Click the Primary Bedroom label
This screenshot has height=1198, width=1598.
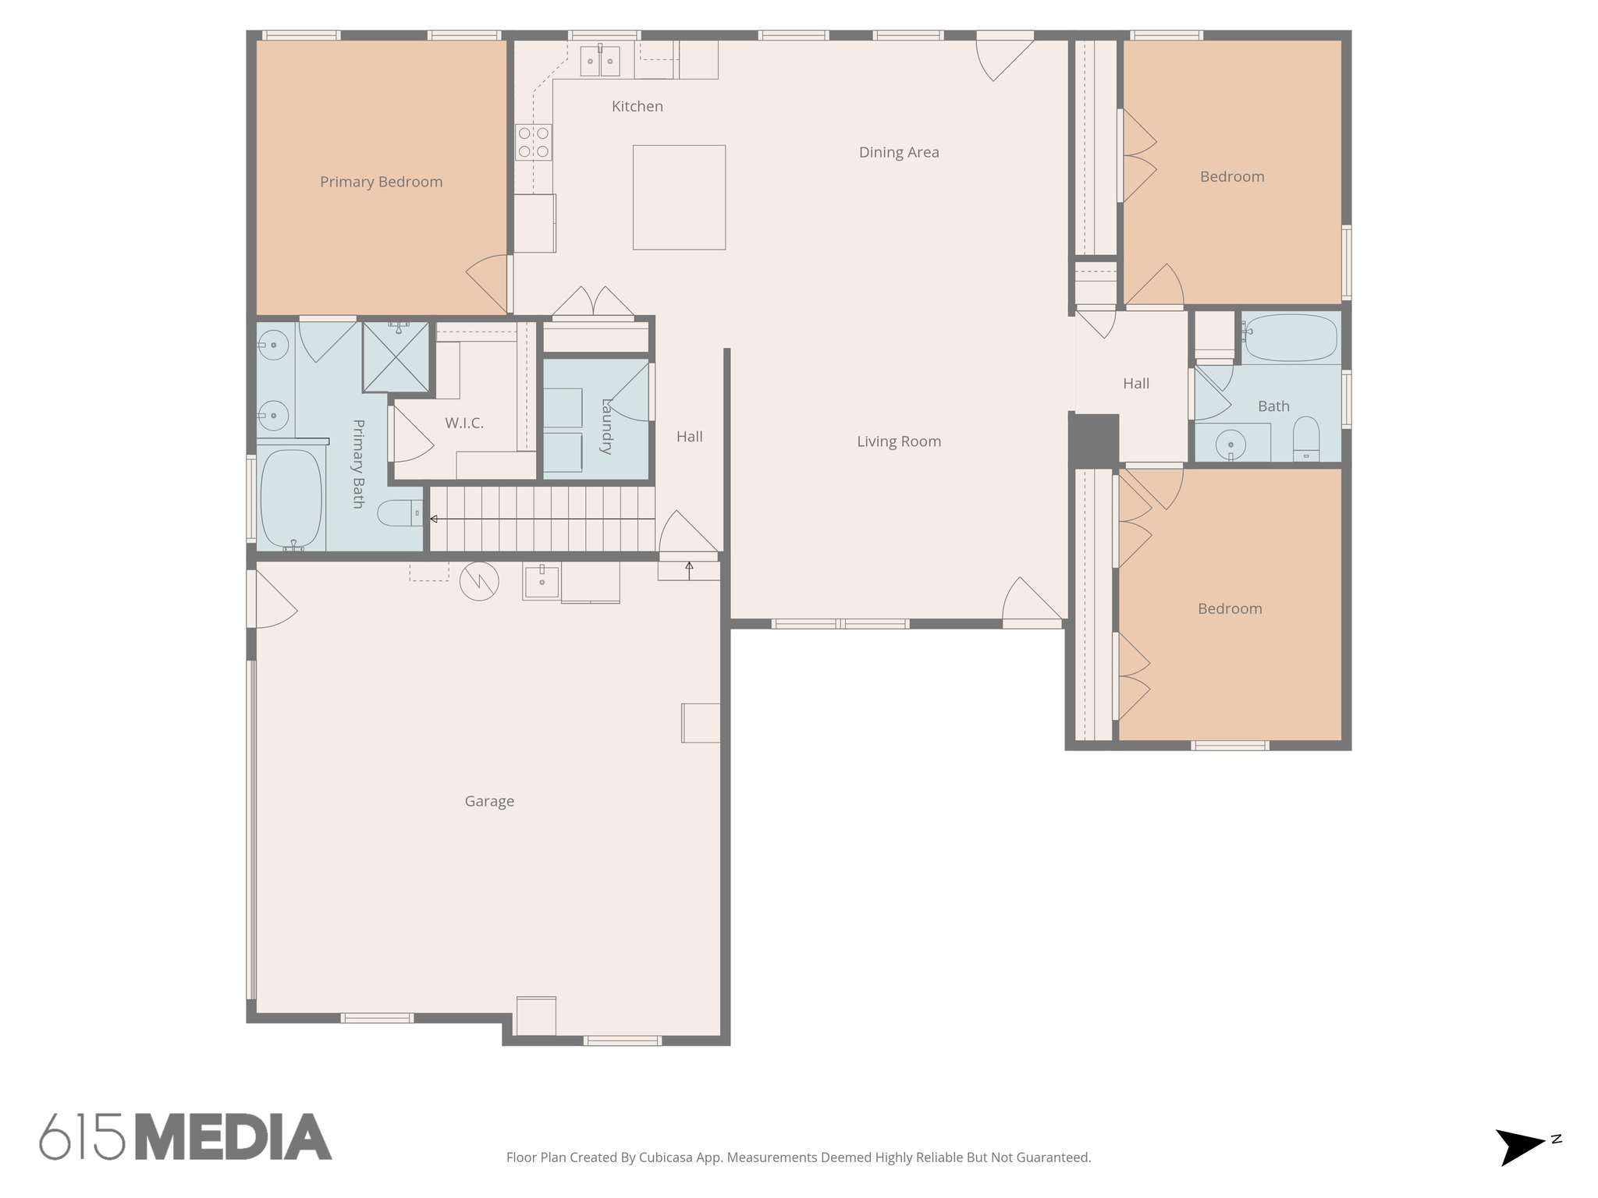click(x=381, y=182)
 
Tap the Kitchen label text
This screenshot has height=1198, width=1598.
click(x=637, y=106)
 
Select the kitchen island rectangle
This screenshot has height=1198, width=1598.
click(x=679, y=197)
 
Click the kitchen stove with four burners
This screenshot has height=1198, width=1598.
click(x=533, y=142)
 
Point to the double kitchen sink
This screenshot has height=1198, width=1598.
click(x=600, y=61)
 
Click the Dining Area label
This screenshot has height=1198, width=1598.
click(x=899, y=152)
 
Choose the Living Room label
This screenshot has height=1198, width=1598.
click(x=899, y=441)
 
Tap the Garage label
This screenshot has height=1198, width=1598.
click(x=489, y=801)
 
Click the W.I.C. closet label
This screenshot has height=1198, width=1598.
click(x=464, y=423)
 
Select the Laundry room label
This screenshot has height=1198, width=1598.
click(x=607, y=427)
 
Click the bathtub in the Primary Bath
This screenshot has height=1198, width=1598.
click(x=290, y=499)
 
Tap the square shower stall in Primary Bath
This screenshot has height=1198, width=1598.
click(x=396, y=356)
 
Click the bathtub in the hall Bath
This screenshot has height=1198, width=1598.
click(x=1291, y=338)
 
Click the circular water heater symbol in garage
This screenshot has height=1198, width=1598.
click(x=479, y=581)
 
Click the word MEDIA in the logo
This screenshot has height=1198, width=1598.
click(x=233, y=1137)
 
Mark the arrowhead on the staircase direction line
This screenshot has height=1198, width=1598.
click(x=434, y=519)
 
